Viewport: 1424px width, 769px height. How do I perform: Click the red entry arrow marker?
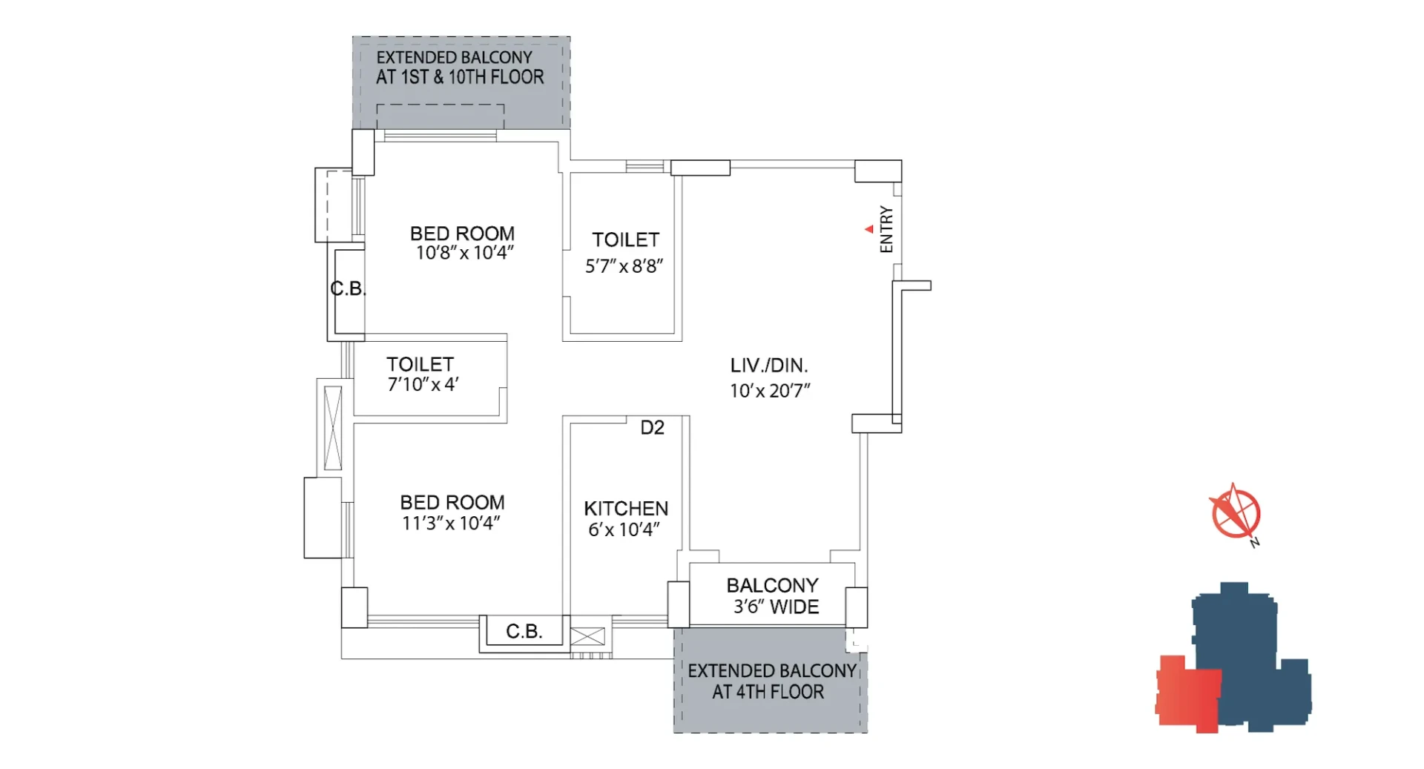point(869,229)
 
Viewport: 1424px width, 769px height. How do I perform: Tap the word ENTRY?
point(886,230)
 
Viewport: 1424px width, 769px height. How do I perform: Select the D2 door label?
point(652,427)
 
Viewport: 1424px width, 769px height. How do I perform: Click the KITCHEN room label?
point(626,509)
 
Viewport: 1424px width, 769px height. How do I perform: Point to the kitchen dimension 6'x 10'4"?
point(624,529)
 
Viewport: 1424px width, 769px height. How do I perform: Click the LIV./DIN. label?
point(769,366)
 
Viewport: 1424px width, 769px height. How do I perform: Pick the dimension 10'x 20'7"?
point(770,391)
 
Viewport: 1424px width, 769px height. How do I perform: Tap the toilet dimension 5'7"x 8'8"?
point(624,266)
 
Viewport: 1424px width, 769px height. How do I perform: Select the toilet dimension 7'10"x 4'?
point(423,384)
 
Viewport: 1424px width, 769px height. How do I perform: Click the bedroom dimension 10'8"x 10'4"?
point(464,253)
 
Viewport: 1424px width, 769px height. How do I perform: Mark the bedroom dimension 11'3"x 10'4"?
point(451,524)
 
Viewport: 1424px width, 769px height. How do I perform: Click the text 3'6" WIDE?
point(776,607)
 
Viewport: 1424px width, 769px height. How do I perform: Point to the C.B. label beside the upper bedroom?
point(348,288)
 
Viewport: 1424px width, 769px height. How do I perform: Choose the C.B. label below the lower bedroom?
point(524,631)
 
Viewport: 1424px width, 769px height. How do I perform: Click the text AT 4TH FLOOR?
point(768,692)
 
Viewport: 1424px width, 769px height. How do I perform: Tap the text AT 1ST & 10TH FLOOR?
point(460,77)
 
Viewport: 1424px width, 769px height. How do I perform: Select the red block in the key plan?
point(1188,694)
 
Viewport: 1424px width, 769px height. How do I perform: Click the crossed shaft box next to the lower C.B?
point(587,636)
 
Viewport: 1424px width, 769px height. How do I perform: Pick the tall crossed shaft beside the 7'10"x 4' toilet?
point(333,428)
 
